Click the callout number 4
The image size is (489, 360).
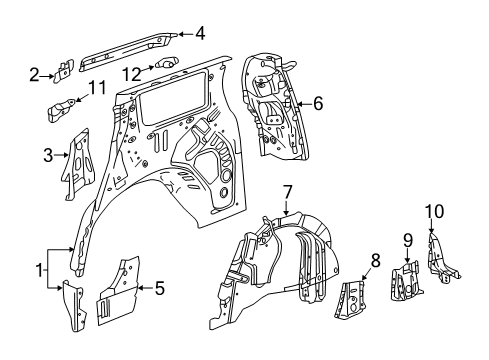point(200,33)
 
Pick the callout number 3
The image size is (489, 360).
point(48,154)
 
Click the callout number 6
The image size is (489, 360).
point(318,102)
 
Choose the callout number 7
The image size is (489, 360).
point(287,191)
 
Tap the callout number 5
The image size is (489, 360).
point(157,290)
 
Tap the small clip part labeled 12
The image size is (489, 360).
point(166,64)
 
